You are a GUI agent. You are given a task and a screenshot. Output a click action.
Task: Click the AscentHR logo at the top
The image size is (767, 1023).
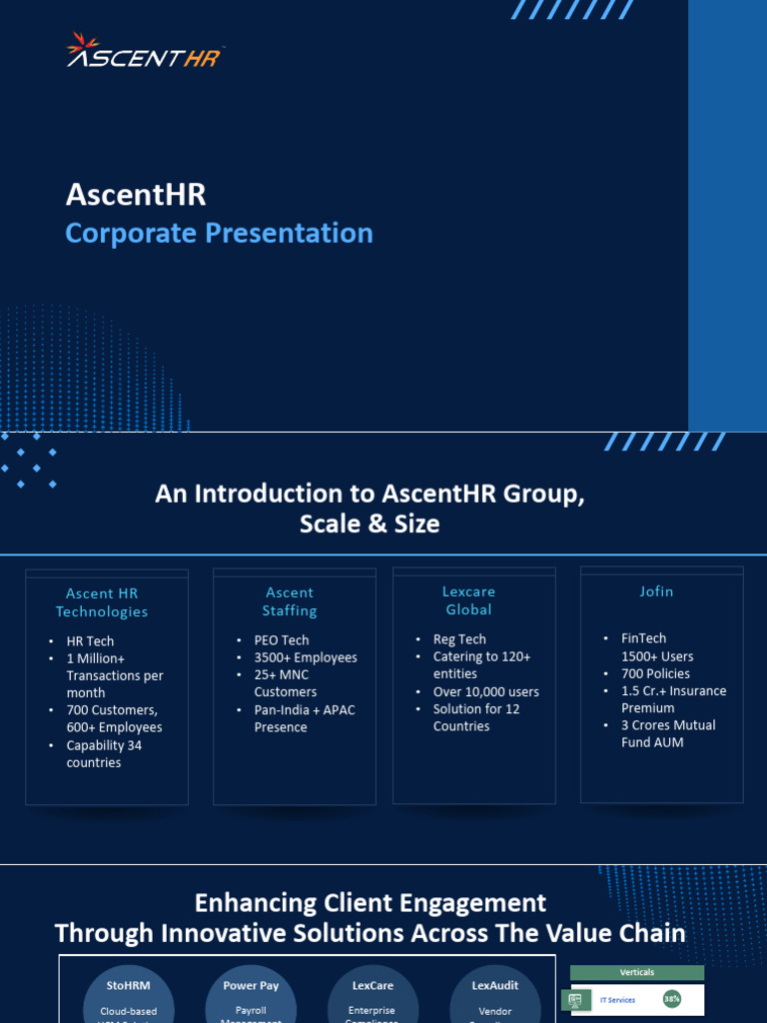coord(145,52)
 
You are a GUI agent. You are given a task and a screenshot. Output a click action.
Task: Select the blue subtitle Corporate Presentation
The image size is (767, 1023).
coord(219,233)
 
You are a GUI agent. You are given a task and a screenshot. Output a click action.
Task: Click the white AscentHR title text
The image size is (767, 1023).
coord(136,195)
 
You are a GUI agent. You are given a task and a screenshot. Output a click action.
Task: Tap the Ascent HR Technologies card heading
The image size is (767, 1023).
coord(102,602)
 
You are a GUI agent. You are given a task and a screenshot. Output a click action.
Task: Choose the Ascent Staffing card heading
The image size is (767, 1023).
coord(290,601)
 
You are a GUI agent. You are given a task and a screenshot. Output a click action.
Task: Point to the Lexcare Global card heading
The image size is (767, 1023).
coord(468,600)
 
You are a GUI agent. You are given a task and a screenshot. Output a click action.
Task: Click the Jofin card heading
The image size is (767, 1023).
coord(656,591)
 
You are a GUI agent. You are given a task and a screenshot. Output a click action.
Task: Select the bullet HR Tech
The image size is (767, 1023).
coord(90,641)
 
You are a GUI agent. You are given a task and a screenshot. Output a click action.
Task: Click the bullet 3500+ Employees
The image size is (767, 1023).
coord(305,657)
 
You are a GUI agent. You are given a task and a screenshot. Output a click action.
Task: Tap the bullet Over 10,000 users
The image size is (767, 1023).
coord(485,691)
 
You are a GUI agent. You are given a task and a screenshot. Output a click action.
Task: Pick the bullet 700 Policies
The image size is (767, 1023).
coord(655,673)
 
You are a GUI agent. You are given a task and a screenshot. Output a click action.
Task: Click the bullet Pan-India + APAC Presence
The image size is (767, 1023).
coord(304,718)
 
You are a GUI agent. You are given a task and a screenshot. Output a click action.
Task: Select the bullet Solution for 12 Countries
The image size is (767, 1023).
coord(475,717)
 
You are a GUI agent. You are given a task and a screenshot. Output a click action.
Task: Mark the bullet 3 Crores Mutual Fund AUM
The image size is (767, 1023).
coord(667,733)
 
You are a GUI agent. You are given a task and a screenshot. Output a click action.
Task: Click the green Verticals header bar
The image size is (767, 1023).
coord(636,972)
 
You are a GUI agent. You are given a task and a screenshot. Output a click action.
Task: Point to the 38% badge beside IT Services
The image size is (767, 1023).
coord(672,999)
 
